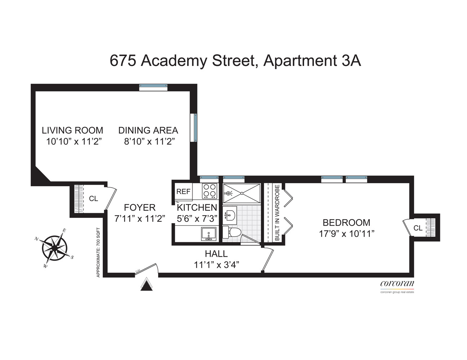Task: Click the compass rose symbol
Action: click(54, 248)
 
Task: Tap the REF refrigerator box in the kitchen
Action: click(183, 192)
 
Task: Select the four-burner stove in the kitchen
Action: click(209, 191)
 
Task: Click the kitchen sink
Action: click(209, 234)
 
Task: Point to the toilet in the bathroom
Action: click(231, 232)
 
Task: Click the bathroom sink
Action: click(230, 215)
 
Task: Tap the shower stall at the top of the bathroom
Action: click(241, 193)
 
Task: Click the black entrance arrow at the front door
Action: click(146, 285)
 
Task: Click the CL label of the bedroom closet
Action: click(418, 228)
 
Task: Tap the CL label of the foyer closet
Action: click(93, 198)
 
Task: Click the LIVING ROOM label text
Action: click(72, 130)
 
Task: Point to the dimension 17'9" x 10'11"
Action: click(347, 234)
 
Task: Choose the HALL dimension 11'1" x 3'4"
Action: click(217, 265)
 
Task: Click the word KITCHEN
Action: click(197, 207)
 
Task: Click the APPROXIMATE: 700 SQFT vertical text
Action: click(98, 252)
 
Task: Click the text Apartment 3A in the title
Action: click(312, 60)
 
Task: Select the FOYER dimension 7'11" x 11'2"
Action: click(139, 218)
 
